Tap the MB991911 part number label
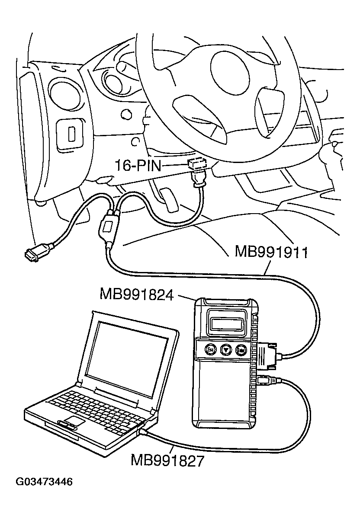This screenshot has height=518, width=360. pyautogui.click(x=271, y=252)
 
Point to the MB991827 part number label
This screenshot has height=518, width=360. pyautogui.click(x=167, y=460)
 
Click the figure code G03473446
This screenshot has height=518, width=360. pyautogui.click(x=44, y=482)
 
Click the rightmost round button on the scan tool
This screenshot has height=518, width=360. pyautogui.click(x=241, y=349)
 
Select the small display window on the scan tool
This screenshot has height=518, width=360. pyautogui.click(x=225, y=322)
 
